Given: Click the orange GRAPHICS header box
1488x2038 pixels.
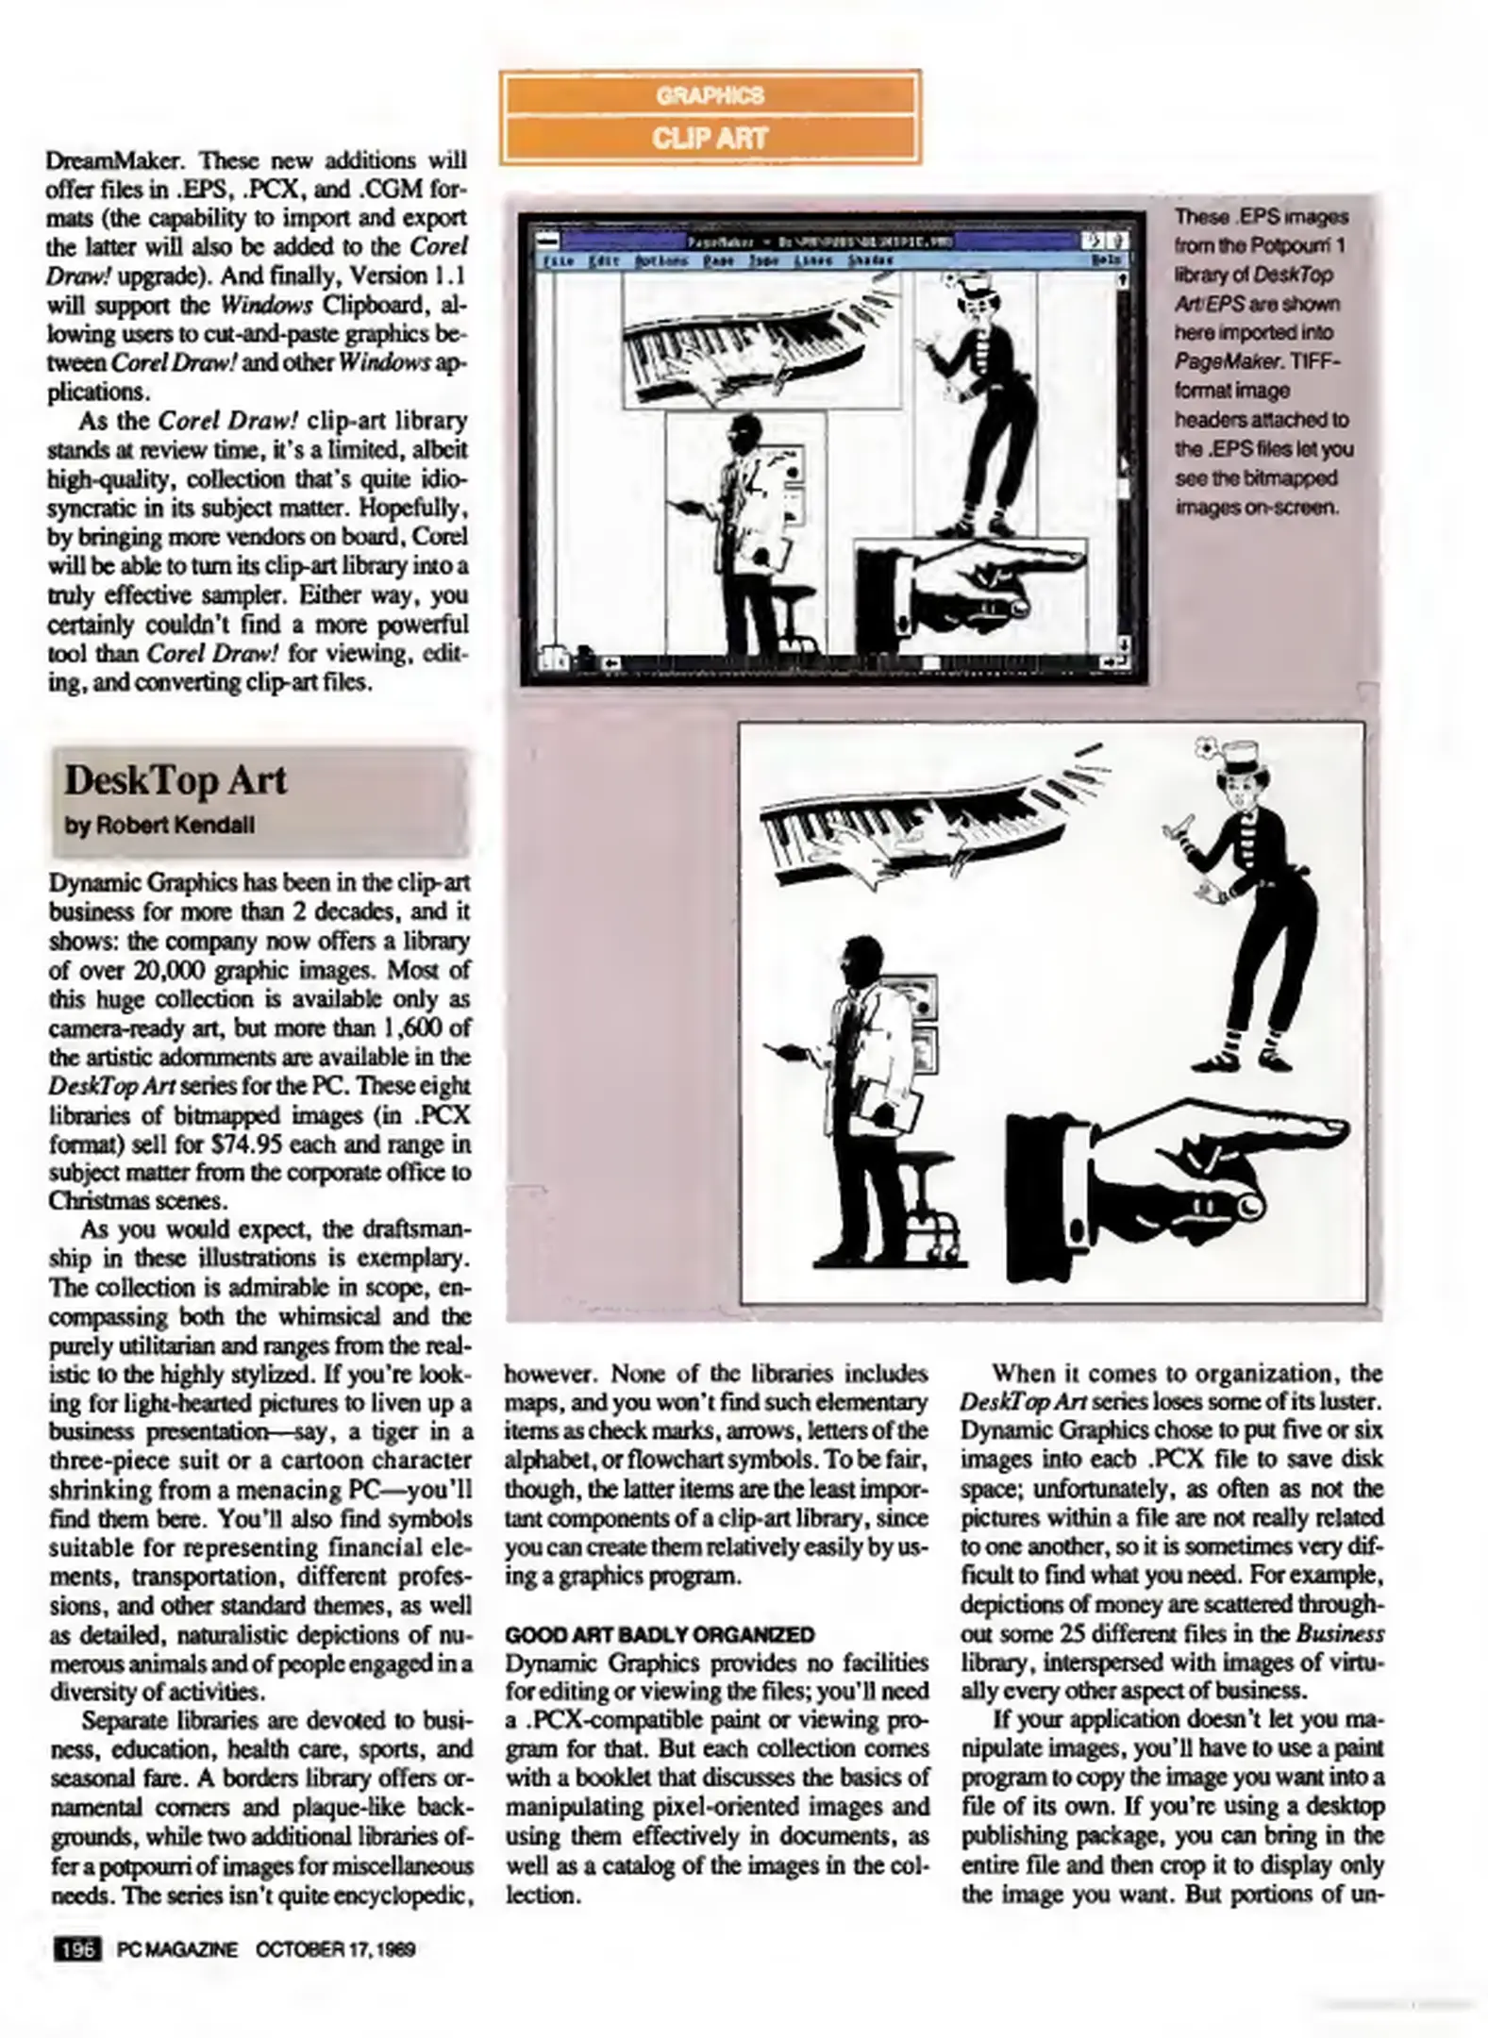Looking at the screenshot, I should coord(710,95).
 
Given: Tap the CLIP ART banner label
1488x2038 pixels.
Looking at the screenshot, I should coord(710,138).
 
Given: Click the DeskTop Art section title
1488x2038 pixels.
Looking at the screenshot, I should coord(176,781).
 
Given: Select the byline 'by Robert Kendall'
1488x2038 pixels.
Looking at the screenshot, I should coord(159,825).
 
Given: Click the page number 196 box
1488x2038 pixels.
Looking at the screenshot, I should coord(78,1948).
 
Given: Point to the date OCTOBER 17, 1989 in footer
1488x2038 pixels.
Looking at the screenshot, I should coord(336,1949).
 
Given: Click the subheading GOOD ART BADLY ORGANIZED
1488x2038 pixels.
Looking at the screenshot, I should coord(660,1633).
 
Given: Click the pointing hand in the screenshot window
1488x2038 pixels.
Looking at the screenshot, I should coord(972,590).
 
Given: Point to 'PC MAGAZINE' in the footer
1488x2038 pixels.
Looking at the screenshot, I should coord(177,1949).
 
